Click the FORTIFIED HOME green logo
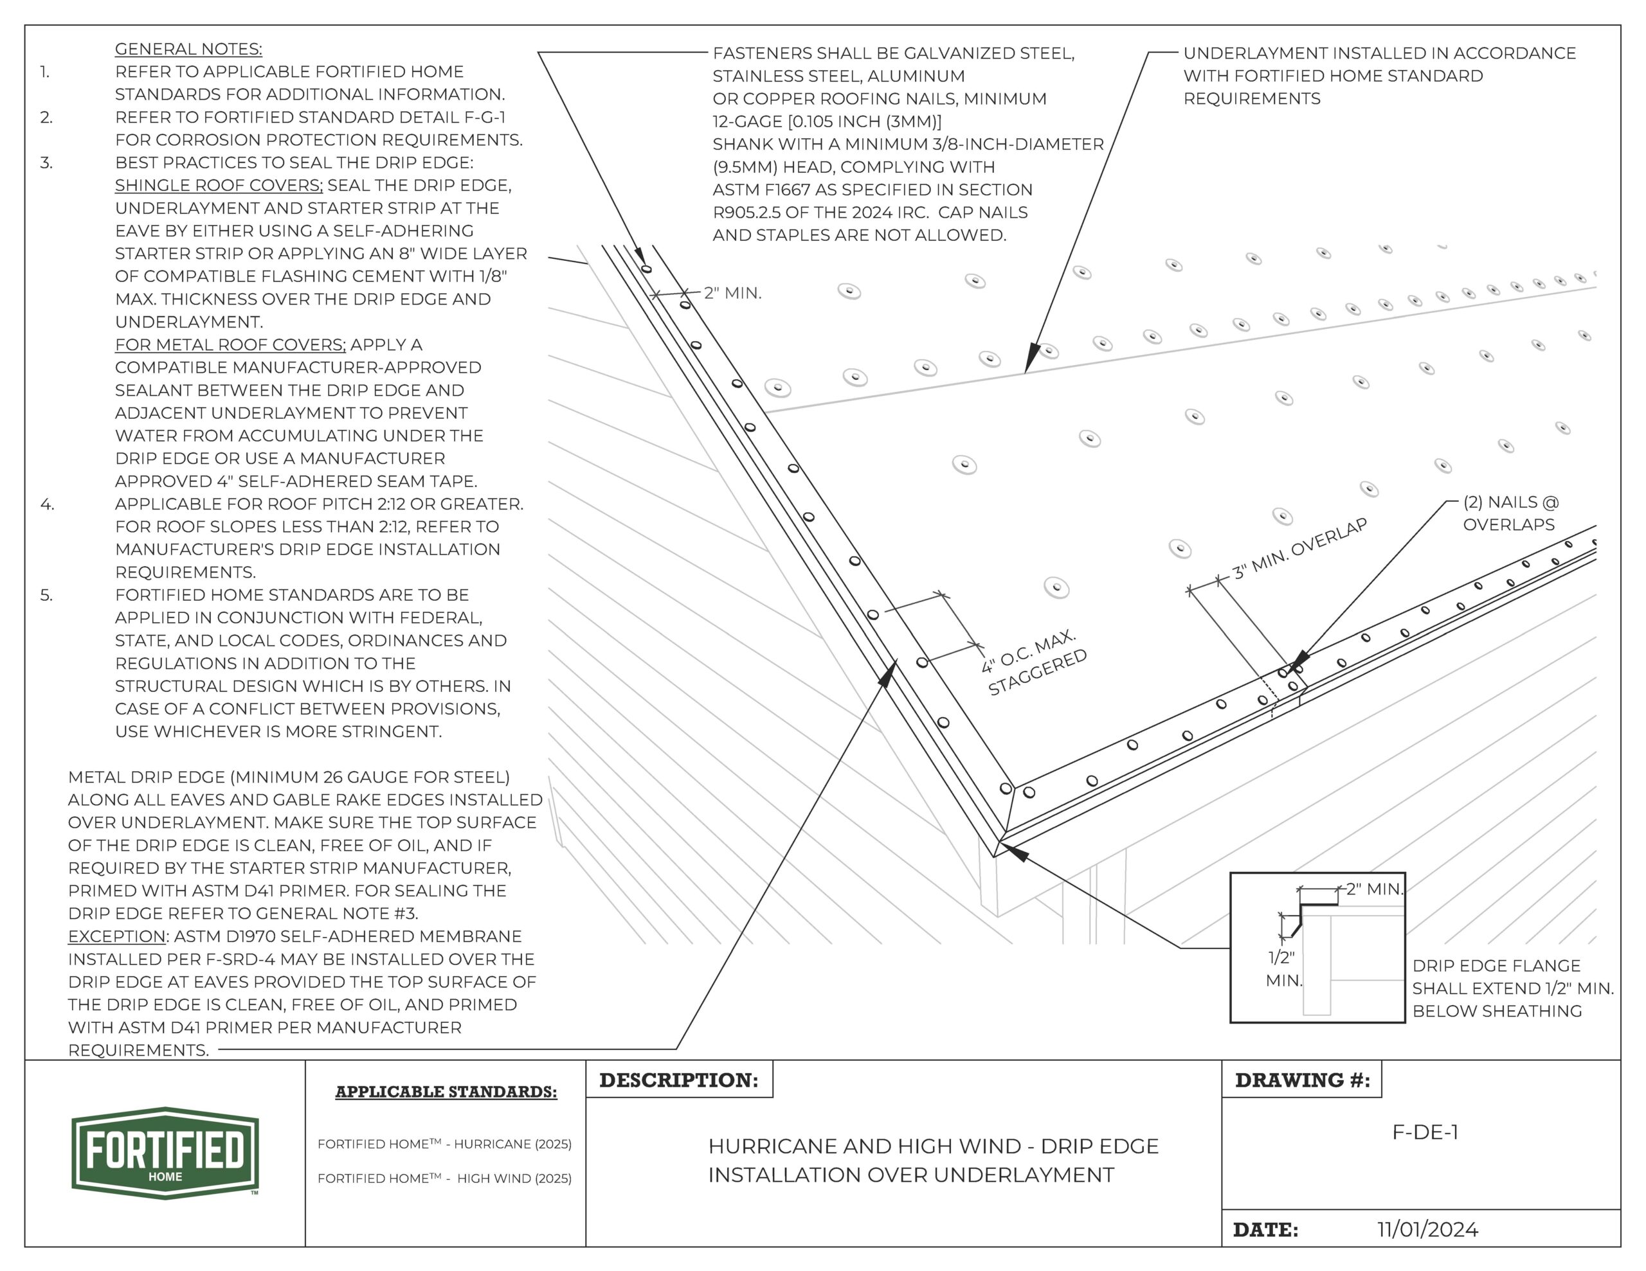coord(165,1152)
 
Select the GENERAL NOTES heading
coord(188,49)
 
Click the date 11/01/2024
coord(1427,1230)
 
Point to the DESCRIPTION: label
coord(678,1080)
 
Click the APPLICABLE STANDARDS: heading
coord(446,1092)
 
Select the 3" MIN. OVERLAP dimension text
coord(1299,549)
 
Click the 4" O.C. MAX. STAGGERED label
coord(1034,664)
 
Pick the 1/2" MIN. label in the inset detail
coord(1283,969)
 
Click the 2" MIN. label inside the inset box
coord(1374,889)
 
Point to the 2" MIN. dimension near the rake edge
coord(732,293)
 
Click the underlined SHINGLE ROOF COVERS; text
coord(219,185)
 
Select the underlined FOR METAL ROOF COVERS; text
coord(230,345)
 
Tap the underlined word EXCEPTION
coord(117,936)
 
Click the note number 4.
coord(47,504)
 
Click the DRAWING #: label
coord(1301,1080)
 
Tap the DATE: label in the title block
coord(1265,1231)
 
